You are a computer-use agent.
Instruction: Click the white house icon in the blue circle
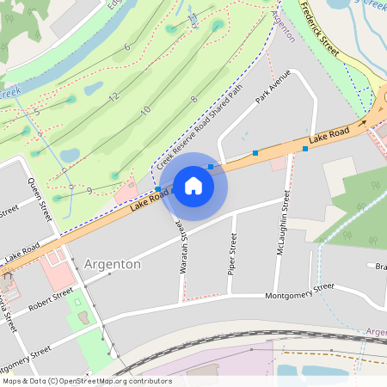point(193,185)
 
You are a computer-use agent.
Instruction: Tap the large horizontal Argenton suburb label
point(113,264)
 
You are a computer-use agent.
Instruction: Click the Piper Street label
point(232,255)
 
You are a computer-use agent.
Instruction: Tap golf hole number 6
point(126,46)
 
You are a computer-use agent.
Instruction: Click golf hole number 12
point(114,97)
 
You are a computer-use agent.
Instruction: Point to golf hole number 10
point(145,110)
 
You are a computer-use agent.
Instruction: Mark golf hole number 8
point(193,100)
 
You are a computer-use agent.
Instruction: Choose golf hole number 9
point(89,190)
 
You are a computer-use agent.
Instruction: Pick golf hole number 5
point(38,112)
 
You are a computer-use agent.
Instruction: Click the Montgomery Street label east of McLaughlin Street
point(298,292)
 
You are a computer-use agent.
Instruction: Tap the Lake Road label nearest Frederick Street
point(329,135)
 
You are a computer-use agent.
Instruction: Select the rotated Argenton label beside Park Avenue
point(283,27)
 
